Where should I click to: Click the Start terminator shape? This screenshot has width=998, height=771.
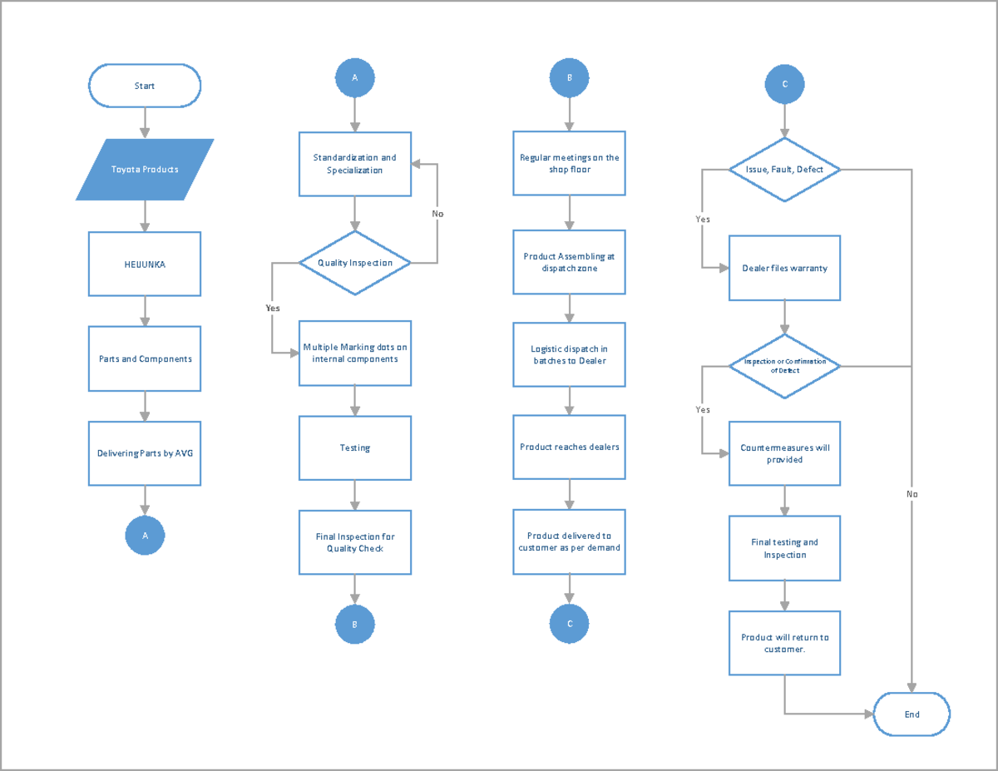(x=145, y=86)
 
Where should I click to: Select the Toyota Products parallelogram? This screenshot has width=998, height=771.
(x=145, y=170)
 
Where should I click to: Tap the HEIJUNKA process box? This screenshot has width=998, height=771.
(x=145, y=264)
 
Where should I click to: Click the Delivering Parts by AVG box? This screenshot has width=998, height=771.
(x=145, y=453)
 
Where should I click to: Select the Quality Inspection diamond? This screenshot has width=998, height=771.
(x=355, y=263)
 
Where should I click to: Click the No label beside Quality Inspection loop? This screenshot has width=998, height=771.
(x=437, y=214)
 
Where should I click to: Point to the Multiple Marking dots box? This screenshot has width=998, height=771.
(x=355, y=353)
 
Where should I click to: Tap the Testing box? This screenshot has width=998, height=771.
(x=355, y=447)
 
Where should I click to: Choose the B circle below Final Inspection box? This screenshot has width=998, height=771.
(x=355, y=624)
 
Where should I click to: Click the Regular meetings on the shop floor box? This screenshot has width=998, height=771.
(x=569, y=163)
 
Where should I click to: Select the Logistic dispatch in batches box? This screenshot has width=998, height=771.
(x=569, y=355)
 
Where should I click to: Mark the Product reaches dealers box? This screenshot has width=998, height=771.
(x=569, y=447)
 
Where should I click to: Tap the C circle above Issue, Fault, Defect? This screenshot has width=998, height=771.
(x=784, y=84)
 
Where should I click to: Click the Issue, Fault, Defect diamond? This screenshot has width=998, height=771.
(x=784, y=170)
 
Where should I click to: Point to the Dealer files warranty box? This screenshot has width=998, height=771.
(x=784, y=268)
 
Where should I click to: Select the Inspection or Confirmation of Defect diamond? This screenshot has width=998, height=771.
(x=784, y=366)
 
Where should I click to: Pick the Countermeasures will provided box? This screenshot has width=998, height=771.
(x=784, y=453)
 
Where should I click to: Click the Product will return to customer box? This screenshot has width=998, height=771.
(x=784, y=643)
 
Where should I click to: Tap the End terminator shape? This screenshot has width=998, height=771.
(x=912, y=714)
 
